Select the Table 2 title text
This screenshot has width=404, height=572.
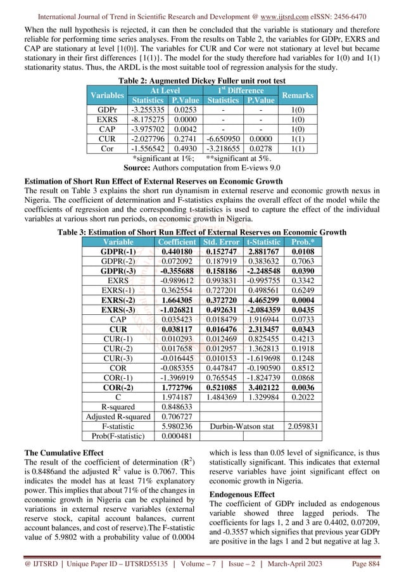click(x=201, y=80)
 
